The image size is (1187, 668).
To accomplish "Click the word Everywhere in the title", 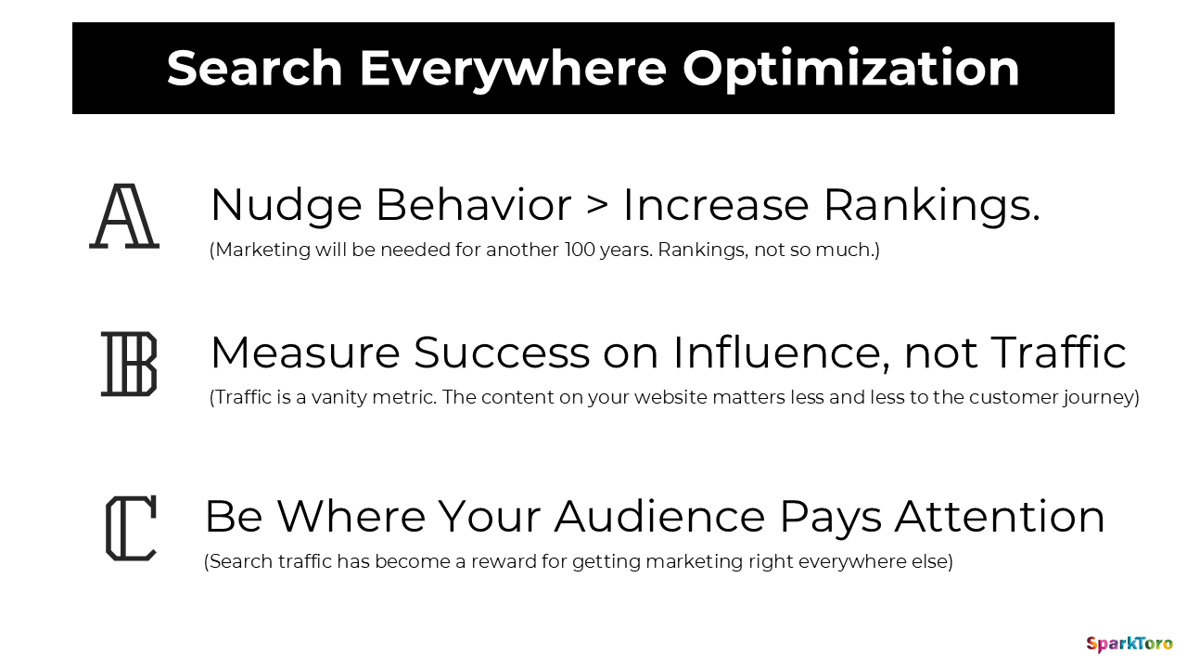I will [x=513, y=69].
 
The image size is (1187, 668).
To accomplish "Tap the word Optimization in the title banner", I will [x=850, y=69].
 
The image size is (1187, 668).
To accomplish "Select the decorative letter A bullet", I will [x=124, y=216].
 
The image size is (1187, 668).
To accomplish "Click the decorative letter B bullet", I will [x=129, y=364].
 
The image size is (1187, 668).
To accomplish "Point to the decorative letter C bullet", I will [x=131, y=528].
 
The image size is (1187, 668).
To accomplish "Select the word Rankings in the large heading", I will [x=931, y=205].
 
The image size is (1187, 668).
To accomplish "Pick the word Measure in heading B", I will [x=305, y=353].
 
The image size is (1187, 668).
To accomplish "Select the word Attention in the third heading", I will [x=1000, y=517].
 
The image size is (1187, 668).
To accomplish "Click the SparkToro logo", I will [x=1130, y=643].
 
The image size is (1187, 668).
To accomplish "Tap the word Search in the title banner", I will [x=255, y=69].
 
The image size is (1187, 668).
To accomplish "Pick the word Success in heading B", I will [x=501, y=353].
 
